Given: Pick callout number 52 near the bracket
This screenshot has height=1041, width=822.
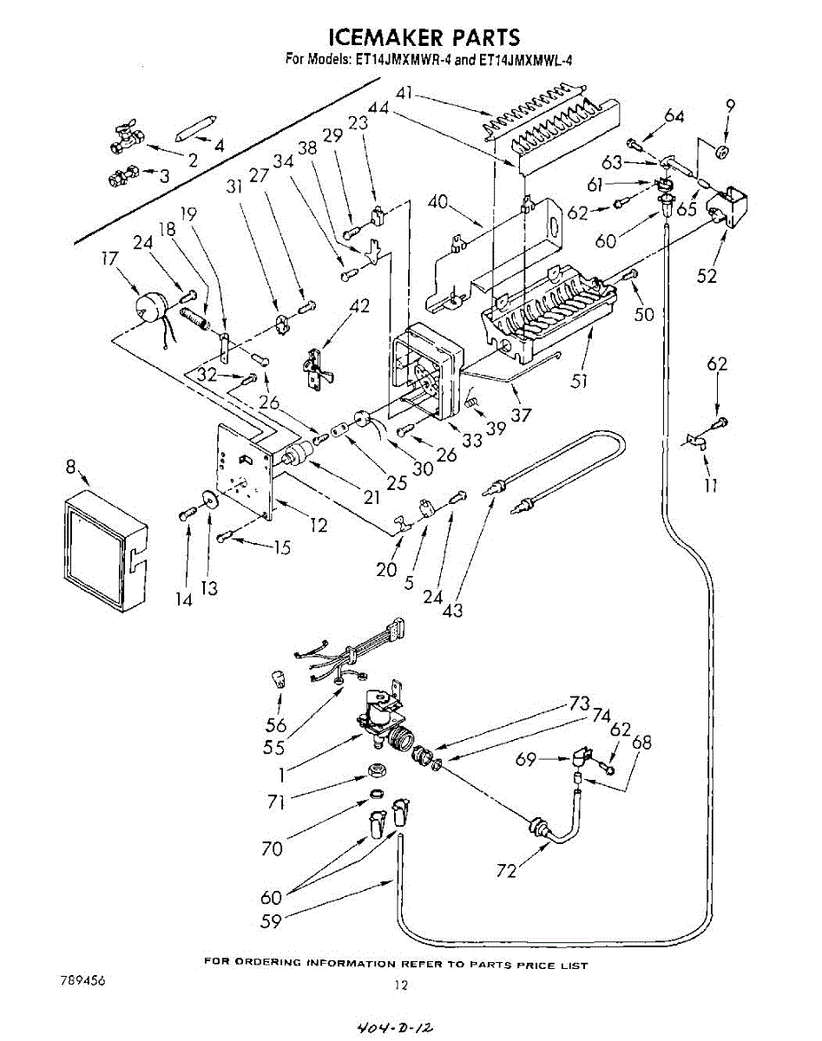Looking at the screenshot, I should click(x=707, y=276).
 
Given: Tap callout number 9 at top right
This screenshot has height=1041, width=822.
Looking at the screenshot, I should click(x=730, y=106).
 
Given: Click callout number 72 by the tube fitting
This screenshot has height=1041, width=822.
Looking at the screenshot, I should click(x=506, y=870).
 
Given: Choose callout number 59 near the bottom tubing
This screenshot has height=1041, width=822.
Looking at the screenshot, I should click(x=272, y=921).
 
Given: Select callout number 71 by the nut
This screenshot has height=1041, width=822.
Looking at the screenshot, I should click(x=276, y=803).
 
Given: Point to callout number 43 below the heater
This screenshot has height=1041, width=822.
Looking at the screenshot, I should click(x=452, y=610).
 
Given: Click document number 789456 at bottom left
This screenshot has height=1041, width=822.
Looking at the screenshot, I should click(x=82, y=979).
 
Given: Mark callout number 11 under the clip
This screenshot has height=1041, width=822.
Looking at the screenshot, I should click(x=711, y=487).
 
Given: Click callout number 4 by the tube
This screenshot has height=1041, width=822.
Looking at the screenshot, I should click(x=219, y=147).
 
